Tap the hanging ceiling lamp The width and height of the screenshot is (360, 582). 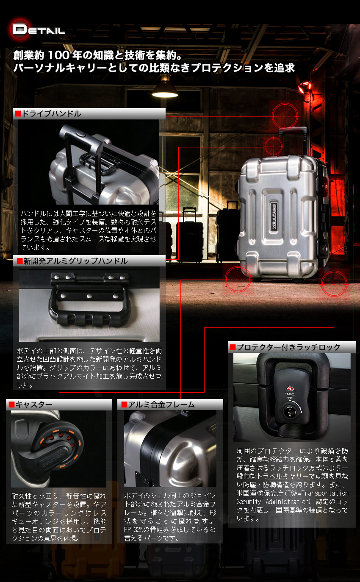(x=165, y=88)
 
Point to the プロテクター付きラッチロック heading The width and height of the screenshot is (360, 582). (x=288, y=347)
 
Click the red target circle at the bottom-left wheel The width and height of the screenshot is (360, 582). (x=238, y=278)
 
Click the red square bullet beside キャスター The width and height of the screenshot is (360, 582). (x=11, y=405)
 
